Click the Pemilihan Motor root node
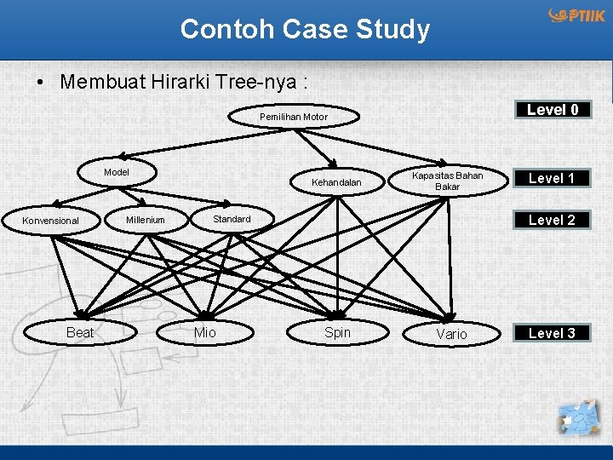tap(294, 117)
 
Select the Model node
tap(117, 172)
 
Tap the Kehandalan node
tap(336, 182)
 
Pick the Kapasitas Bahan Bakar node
tap(447, 181)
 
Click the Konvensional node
tap(51, 221)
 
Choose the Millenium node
tap(146, 220)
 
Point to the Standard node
tap(232, 219)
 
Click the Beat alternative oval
tap(80, 332)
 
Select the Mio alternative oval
tap(205, 332)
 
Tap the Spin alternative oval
tap(337, 332)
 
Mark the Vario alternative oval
tap(451, 334)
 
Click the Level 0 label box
tap(553, 110)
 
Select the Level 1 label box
tap(552, 178)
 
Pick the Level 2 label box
tap(552, 220)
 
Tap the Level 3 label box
tap(552, 333)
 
